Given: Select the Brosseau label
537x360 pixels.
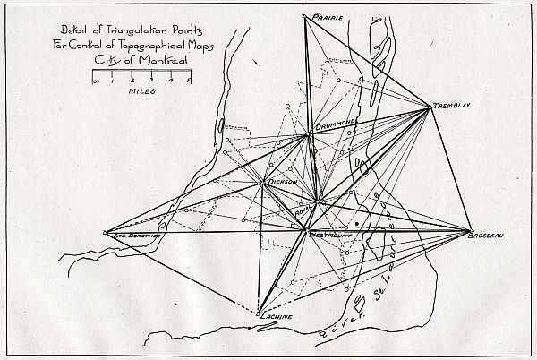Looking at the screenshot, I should click(x=487, y=235).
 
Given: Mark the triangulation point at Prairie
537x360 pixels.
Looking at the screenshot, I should click(x=305, y=17).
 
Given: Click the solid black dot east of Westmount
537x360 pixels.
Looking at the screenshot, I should click(x=356, y=223).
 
